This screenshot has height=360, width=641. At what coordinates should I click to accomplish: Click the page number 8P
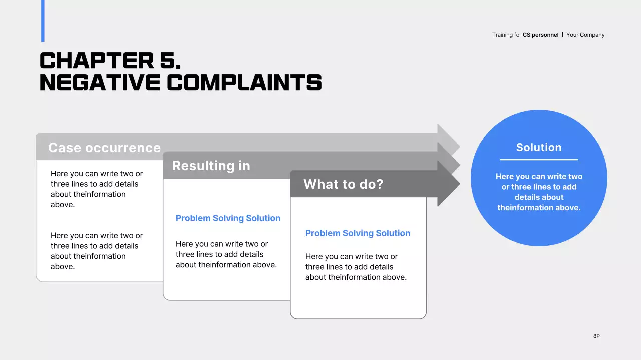pyautogui.click(x=596, y=336)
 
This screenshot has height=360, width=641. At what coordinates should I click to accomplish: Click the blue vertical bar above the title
pyautogui.click(x=43, y=21)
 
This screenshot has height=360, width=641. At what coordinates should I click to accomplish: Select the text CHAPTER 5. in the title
pyautogui.click(x=110, y=61)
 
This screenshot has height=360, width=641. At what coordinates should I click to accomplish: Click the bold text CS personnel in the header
pyautogui.click(x=540, y=35)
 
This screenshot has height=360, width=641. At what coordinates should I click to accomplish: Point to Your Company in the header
pyautogui.click(x=585, y=35)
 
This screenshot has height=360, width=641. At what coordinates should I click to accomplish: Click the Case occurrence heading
pyautogui.click(x=104, y=148)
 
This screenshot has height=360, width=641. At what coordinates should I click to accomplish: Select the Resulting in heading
pyautogui.click(x=211, y=166)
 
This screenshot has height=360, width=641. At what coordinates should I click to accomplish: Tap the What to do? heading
pyautogui.click(x=343, y=184)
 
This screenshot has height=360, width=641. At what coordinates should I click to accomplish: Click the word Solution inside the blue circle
pyautogui.click(x=539, y=147)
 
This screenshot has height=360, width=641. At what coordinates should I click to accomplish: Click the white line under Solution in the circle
pyautogui.click(x=539, y=160)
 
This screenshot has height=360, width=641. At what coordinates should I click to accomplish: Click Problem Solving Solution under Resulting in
pyautogui.click(x=228, y=218)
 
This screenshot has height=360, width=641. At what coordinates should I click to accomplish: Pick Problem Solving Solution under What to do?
pyautogui.click(x=358, y=233)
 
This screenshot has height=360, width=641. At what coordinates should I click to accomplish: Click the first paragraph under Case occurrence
pyautogui.click(x=96, y=189)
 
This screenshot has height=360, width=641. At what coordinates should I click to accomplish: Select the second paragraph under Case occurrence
pyautogui.click(x=96, y=251)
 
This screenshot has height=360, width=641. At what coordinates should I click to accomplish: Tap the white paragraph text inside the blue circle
pyautogui.click(x=539, y=192)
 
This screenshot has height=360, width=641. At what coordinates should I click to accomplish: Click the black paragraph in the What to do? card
pyautogui.click(x=356, y=267)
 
